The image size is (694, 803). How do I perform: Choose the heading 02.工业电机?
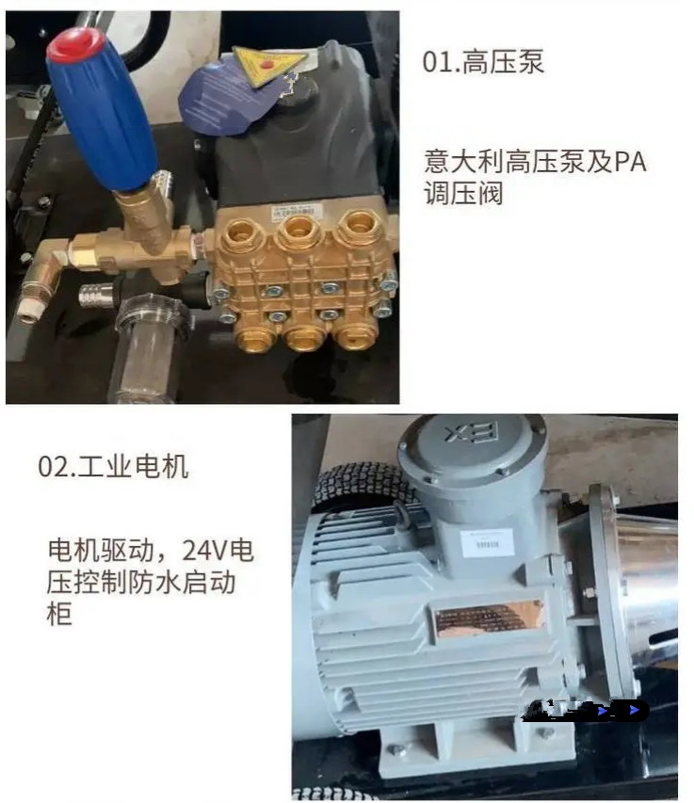click(113, 466)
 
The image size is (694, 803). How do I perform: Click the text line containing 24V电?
click(151, 550)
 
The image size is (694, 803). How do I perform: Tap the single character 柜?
click(58, 614)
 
